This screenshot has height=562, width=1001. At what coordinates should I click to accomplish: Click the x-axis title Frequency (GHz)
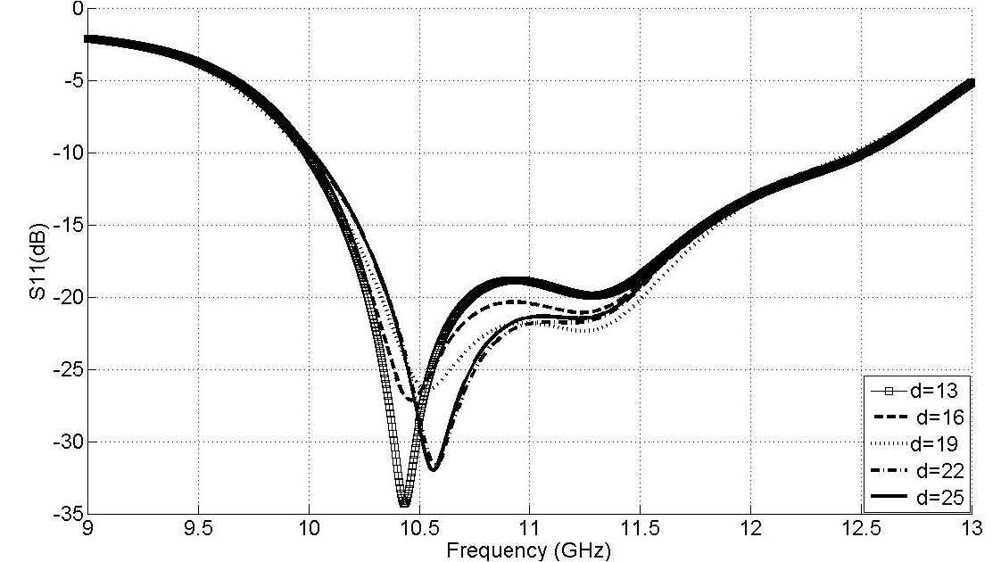pos(529,550)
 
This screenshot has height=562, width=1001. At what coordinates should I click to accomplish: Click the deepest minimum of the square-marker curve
pos(404,505)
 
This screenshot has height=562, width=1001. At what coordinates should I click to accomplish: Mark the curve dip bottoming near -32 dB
pos(434,469)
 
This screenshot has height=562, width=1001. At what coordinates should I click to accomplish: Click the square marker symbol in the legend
pos(889,391)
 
